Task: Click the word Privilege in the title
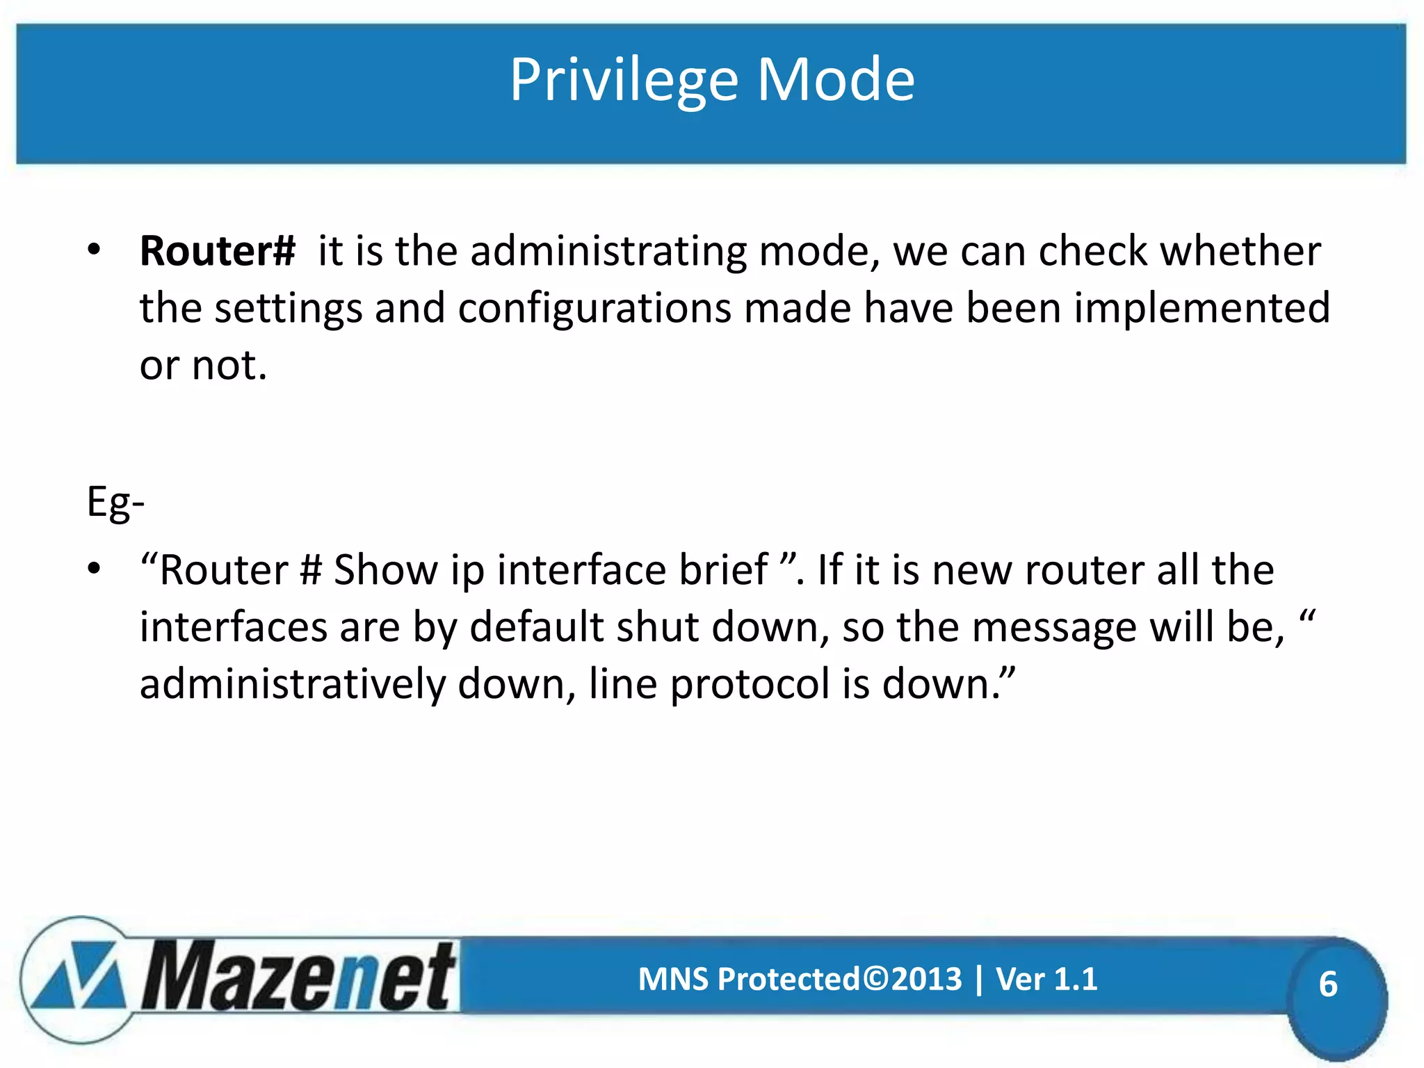coord(623,81)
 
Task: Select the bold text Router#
coord(218,251)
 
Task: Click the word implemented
coord(1201,308)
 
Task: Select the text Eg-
coord(115,502)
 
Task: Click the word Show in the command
coord(385,570)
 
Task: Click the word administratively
coord(292,684)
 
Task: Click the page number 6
coord(1327,985)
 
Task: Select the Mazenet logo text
coord(299,977)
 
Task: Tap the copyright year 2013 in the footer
coord(927,979)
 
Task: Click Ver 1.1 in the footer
coord(1046,979)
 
